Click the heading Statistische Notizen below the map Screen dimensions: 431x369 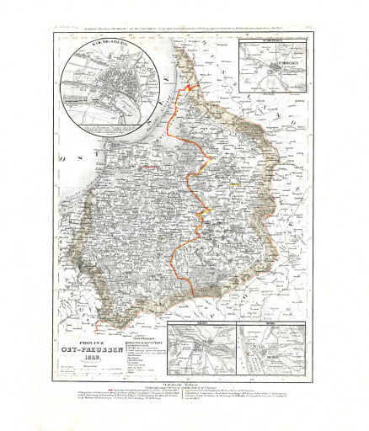coord(183,384)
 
